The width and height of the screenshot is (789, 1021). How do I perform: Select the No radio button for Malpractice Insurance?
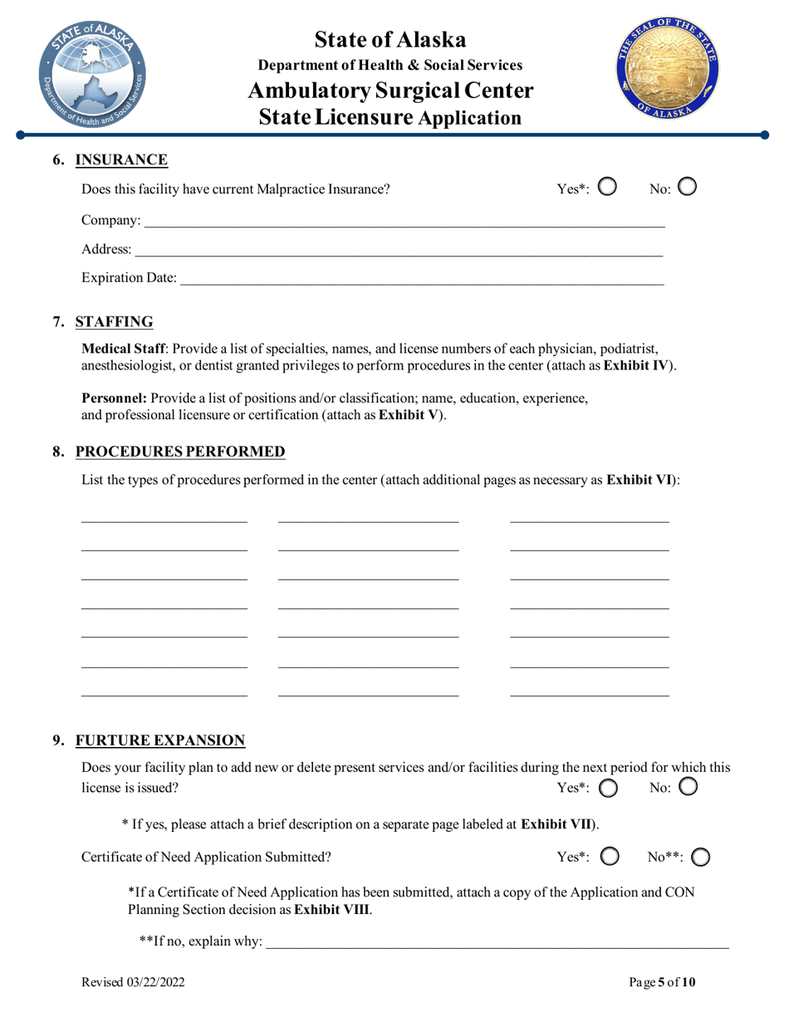tap(687, 188)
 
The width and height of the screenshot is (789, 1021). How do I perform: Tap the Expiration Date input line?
tap(422, 279)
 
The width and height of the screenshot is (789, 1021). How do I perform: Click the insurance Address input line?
tap(399, 250)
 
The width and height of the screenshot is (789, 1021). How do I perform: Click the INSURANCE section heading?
tap(121, 160)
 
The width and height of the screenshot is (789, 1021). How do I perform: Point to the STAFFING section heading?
tap(114, 322)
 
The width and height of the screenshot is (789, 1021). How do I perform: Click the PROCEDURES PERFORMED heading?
tap(180, 452)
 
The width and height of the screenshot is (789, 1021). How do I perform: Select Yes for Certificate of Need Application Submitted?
tap(607, 857)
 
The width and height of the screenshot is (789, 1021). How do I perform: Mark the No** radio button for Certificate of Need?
tap(700, 857)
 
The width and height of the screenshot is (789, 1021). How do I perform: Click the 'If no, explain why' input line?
tap(496, 942)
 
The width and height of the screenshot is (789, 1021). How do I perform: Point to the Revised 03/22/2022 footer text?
tap(133, 983)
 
